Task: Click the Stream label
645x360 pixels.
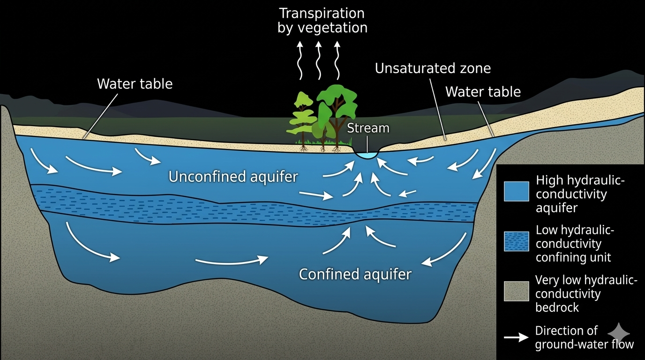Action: point(368,128)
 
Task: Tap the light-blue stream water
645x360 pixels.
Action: point(367,155)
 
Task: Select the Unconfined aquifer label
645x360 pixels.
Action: point(233,177)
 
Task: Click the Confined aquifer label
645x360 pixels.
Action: point(355,274)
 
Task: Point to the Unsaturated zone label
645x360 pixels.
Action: point(433,68)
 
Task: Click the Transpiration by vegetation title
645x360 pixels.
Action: point(322,21)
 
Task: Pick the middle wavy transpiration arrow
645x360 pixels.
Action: point(318,60)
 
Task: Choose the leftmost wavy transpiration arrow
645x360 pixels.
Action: point(300,60)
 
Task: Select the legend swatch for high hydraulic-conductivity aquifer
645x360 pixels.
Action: point(516,191)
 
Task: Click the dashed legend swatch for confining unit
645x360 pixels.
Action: point(516,241)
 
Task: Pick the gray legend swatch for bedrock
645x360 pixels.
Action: point(516,291)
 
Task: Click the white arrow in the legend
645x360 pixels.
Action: point(516,337)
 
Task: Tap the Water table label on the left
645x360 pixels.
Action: point(135,84)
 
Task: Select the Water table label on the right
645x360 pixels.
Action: point(483,92)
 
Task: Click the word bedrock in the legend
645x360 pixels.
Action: point(557,307)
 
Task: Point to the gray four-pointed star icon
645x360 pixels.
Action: point(618,333)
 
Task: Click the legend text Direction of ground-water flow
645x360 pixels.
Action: point(585,337)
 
